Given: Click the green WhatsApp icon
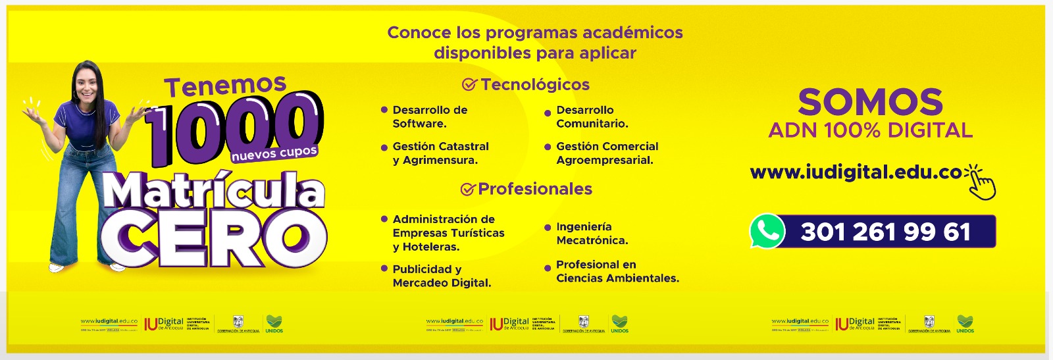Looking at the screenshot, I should click(x=767, y=231).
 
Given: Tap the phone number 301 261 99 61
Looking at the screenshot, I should click(x=885, y=232).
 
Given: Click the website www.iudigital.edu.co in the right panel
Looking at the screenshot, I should click(x=856, y=172).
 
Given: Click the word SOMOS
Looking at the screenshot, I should click(x=870, y=102).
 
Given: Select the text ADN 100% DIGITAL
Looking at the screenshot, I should click(x=870, y=130).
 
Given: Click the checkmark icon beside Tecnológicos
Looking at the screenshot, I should click(x=469, y=85).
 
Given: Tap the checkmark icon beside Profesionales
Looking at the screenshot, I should click(x=467, y=190).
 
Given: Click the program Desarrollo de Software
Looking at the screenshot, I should click(x=430, y=116).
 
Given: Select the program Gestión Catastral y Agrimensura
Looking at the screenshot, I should click(x=440, y=153).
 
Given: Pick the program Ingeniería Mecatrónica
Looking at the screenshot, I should click(x=592, y=233).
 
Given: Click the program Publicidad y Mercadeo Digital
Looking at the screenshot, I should click(x=442, y=276).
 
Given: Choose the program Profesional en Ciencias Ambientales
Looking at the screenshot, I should click(x=617, y=271).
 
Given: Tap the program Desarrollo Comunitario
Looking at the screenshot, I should click(x=592, y=116).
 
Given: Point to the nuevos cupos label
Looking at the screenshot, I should click(x=274, y=153).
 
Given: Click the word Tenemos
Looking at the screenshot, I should click(x=225, y=86).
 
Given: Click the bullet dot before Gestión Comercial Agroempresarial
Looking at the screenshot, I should click(x=548, y=147).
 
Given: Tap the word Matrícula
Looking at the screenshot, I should click(x=214, y=191).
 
